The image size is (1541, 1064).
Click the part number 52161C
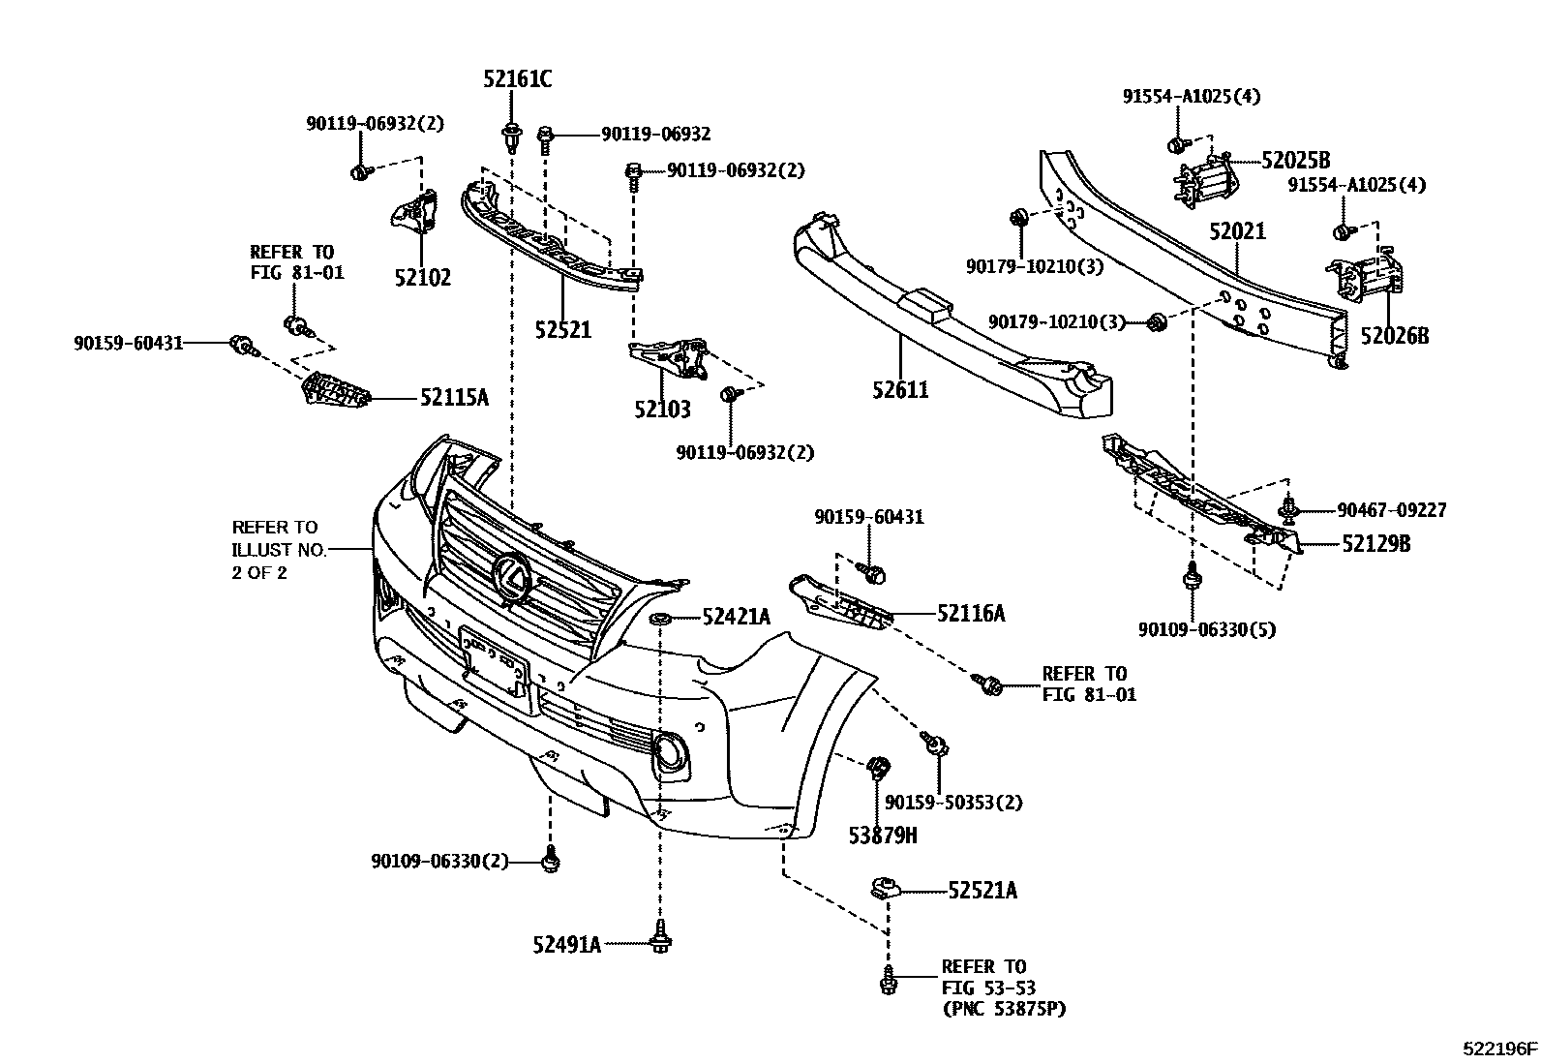(x=518, y=80)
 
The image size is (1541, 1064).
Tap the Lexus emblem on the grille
(x=510, y=578)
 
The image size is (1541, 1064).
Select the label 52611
(x=899, y=390)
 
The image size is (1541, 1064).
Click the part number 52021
(x=1237, y=232)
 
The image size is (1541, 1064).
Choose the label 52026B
(x=1394, y=337)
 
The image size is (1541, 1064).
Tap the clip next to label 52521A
(x=884, y=887)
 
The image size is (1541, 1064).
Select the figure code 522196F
(x=1499, y=1049)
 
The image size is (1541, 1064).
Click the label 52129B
(x=1375, y=544)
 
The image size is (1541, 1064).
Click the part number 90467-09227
(x=1392, y=509)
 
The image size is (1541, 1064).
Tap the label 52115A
(x=454, y=397)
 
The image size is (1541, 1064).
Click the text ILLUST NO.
(x=279, y=550)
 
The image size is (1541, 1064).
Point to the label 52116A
(x=970, y=613)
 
